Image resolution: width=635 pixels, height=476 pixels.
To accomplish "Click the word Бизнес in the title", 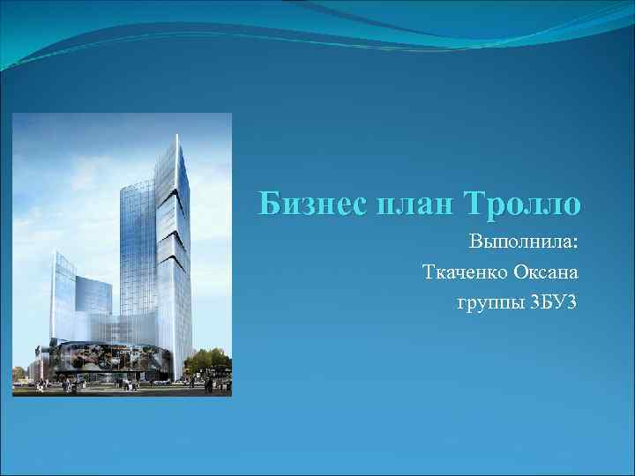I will point(300,204).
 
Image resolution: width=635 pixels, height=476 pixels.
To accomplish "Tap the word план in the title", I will point(405,205).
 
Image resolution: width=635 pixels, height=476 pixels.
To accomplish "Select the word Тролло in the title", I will point(526,204).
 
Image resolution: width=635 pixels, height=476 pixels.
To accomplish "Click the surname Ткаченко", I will point(467,272).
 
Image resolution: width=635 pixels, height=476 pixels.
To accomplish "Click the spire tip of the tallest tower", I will point(176,135).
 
